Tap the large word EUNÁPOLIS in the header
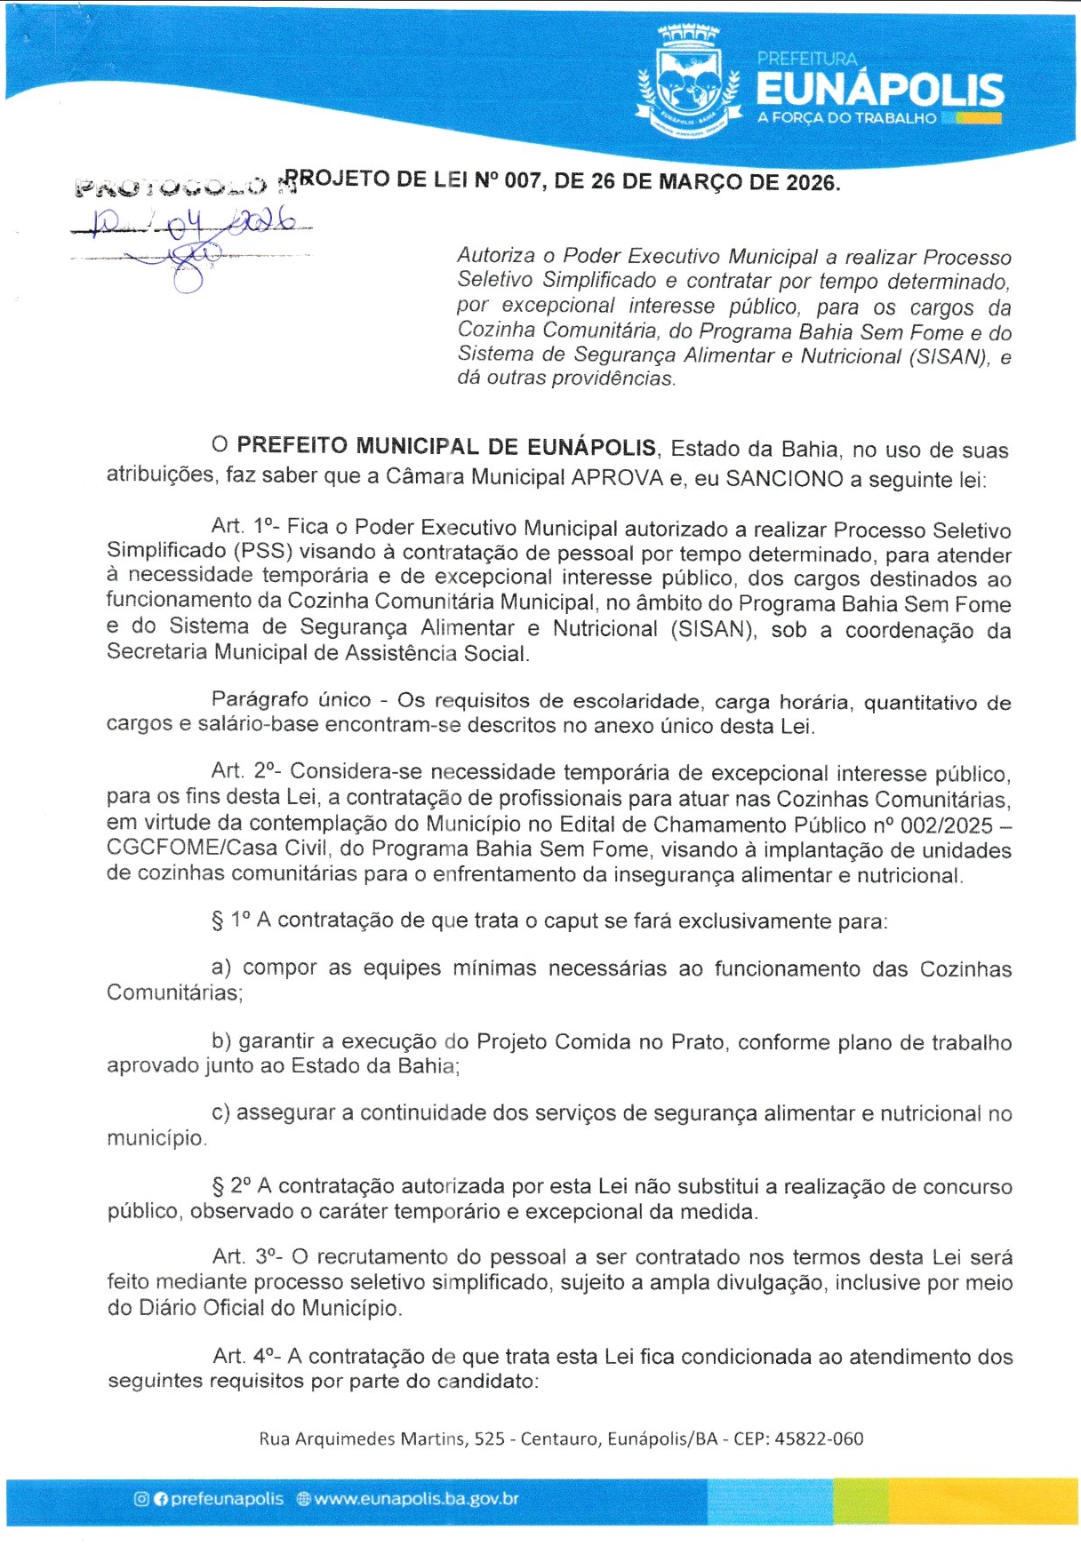tap(879, 90)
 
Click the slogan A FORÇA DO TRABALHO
tap(846, 118)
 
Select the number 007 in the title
tap(523, 181)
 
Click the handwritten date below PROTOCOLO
tap(191, 220)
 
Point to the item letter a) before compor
tap(221, 968)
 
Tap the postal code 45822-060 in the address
tap(819, 1438)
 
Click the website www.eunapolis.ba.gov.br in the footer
tap(416, 1499)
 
